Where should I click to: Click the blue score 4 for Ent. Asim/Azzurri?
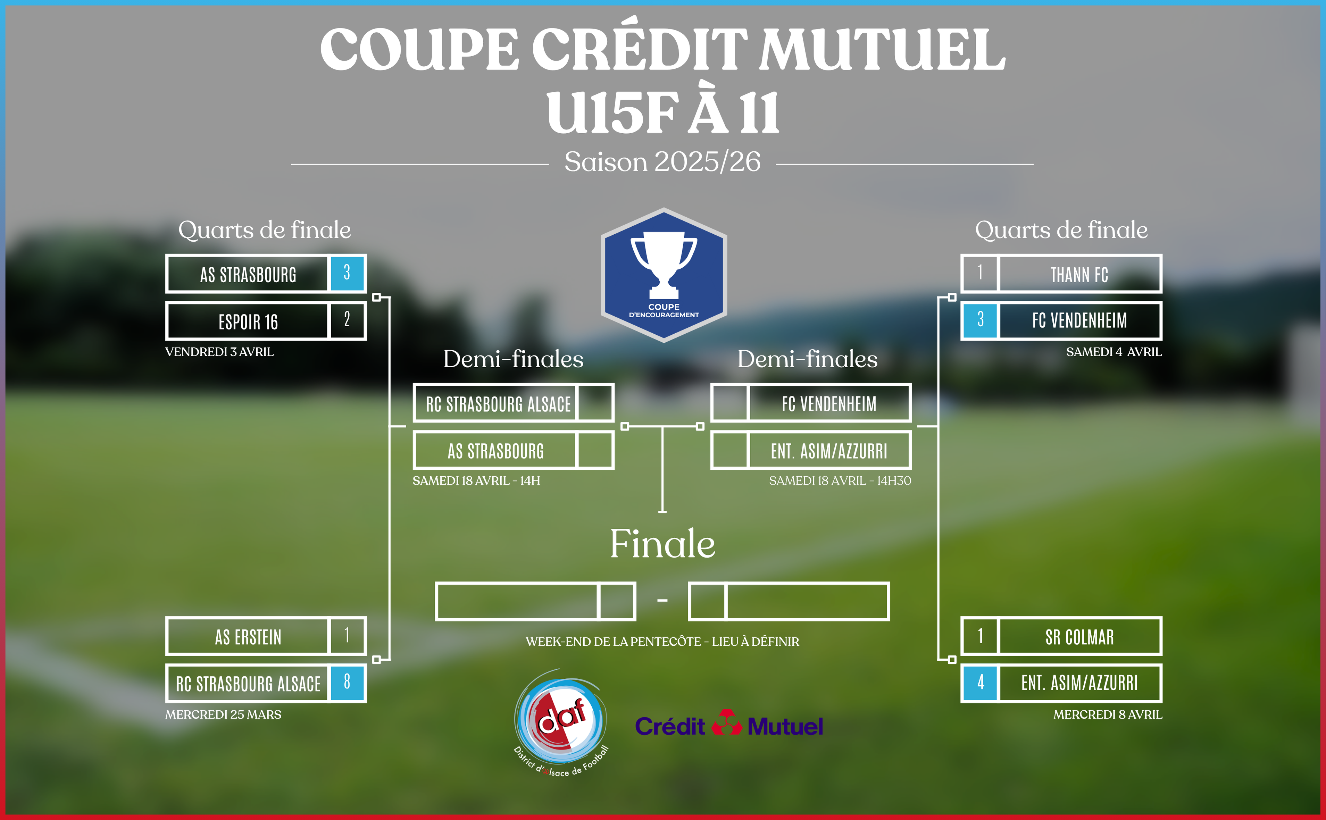[x=980, y=682]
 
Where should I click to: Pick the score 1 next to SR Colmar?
[x=980, y=635]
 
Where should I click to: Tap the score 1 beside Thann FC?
[x=980, y=273]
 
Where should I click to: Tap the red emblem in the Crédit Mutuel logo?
[x=726, y=723]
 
